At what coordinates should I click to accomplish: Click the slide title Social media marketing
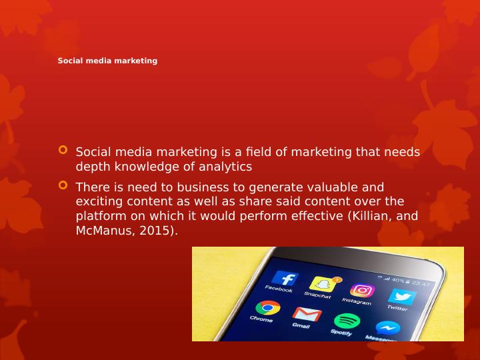pos(107,61)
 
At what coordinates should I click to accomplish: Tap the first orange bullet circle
pos(63,150)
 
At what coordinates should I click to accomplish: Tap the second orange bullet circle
pos(63,185)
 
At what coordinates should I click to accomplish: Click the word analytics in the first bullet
pos(225,167)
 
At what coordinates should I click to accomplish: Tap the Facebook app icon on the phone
pos(285,278)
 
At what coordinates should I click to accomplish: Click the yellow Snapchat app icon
pos(323,284)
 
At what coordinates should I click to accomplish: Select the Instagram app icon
pos(363,290)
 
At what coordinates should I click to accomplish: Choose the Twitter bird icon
pos(402,296)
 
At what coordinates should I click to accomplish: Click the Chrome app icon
pos(268,307)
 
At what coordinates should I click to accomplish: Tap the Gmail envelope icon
pos(307,314)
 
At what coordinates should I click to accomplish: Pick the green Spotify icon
pos(347,321)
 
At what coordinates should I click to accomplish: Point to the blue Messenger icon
pos(387,328)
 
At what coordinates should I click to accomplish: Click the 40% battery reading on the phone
pos(397,280)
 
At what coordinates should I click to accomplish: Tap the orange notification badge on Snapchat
pos(337,279)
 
